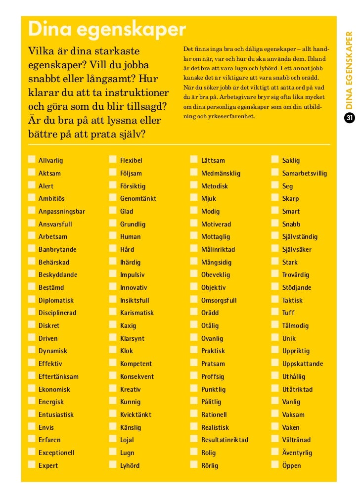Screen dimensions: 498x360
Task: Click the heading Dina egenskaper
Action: click(107, 30)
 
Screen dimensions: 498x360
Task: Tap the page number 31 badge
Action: click(349, 118)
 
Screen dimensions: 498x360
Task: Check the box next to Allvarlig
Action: click(32, 160)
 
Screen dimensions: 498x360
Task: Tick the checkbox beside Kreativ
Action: click(113, 389)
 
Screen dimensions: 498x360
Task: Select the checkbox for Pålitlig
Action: click(194, 402)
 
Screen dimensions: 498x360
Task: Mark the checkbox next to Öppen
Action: click(275, 465)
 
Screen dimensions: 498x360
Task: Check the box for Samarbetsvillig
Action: click(275, 173)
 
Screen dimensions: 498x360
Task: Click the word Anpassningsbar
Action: click(62, 211)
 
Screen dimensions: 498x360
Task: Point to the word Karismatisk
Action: click(137, 313)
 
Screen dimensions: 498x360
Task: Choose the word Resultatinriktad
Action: click(225, 440)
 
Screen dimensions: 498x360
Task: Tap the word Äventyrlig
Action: click(297, 453)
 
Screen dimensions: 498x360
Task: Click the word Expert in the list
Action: click(48, 465)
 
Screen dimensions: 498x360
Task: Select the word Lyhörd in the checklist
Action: click(130, 465)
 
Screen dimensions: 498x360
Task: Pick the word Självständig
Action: click(300, 237)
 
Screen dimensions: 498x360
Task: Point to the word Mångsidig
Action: click(216, 262)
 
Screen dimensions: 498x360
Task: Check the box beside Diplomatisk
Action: click(32, 300)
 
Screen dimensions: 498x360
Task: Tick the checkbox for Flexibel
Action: click(113, 160)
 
